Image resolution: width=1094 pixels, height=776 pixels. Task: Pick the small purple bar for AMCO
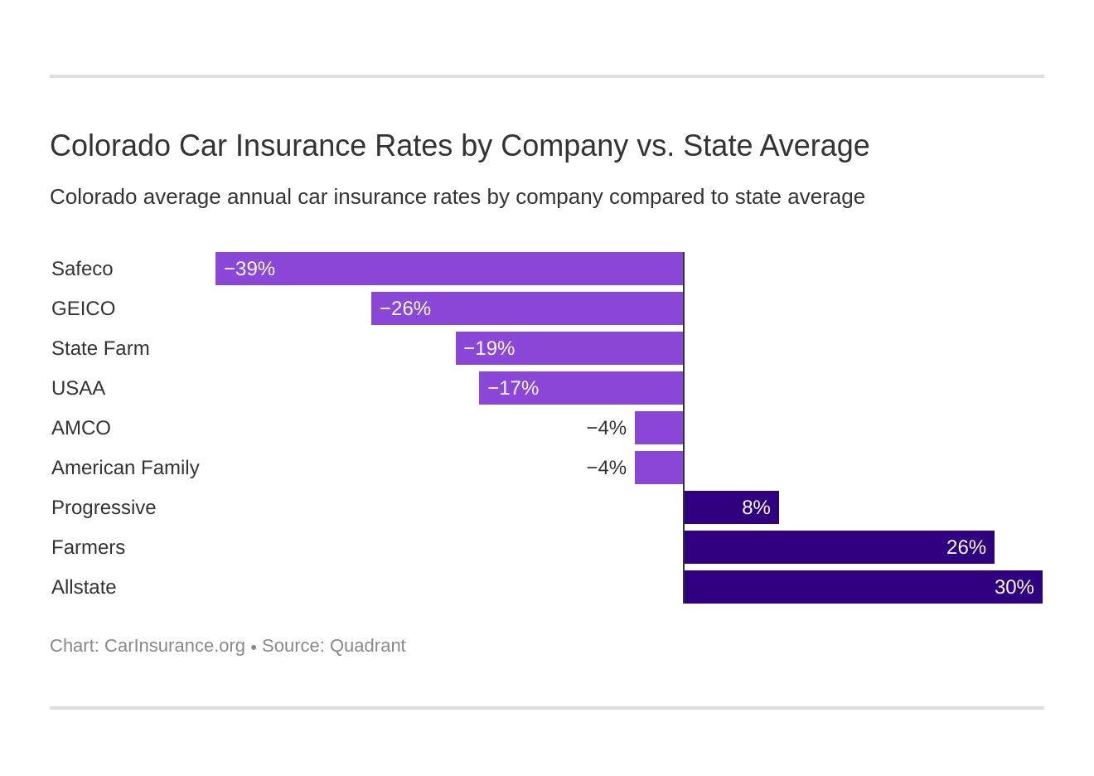pyautogui.click(x=659, y=428)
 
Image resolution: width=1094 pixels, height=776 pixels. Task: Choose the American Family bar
pyautogui.click(x=659, y=468)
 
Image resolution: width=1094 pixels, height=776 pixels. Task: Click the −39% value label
pyautogui.click(x=249, y=269)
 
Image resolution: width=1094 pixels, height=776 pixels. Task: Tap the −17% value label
pyautogui.click(x=513, y=388)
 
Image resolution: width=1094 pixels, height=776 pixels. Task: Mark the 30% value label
pyautogui.click(x=1014, y=587)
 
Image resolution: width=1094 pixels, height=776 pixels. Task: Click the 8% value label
pyautogui.click(x=756, y=507)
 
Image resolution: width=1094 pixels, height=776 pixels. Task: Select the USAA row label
pyautogui.click(x=78, y=388)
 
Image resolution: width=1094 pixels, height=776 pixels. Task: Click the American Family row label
pyautogui.click(x=125, y=468)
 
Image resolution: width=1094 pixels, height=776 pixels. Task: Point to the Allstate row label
pyautogui.click(x=84, y=587)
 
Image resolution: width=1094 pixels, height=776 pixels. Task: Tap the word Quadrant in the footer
pyautogui.click(x=367, y=646)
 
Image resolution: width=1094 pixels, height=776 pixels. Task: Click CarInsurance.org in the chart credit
pyautogui.click(x=175, y=646)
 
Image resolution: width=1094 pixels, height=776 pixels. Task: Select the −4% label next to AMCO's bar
pyautogui.click(x=606, y=428)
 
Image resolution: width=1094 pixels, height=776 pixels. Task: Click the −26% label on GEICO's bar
pyautogui.click(x=405, y=308)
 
